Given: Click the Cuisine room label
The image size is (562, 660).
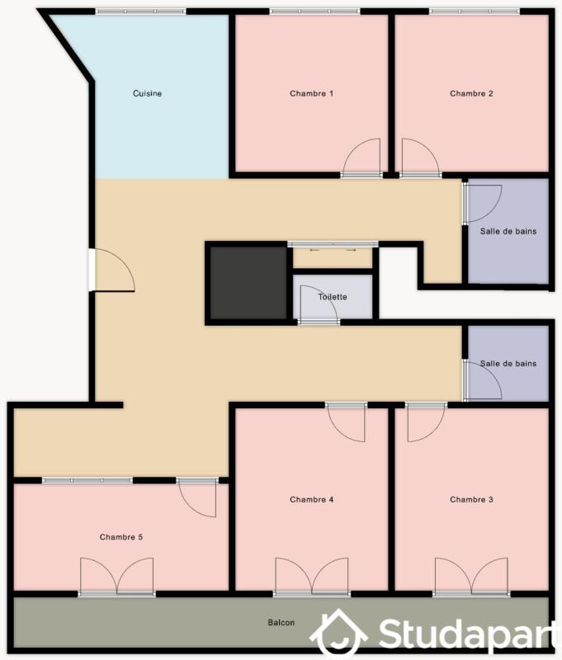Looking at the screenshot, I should (147, 93).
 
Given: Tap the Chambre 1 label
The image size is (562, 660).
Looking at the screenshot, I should (311, 93).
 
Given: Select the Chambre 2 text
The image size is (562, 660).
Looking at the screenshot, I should (471, 93).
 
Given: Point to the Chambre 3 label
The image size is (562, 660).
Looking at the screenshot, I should (471, 499).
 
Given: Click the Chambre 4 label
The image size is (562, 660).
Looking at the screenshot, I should (311, 499).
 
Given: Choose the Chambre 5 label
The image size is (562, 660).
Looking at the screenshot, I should (121, 537).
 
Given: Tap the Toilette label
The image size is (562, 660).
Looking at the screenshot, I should (332, 297).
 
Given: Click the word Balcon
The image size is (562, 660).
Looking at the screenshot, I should (281, 623).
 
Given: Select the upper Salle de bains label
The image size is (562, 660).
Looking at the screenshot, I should (508, 231).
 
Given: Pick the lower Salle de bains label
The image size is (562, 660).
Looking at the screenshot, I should (508, 363).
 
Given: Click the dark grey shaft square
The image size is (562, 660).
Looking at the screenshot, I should (248, 281).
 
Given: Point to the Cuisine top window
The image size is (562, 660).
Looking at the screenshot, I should (139, 12).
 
